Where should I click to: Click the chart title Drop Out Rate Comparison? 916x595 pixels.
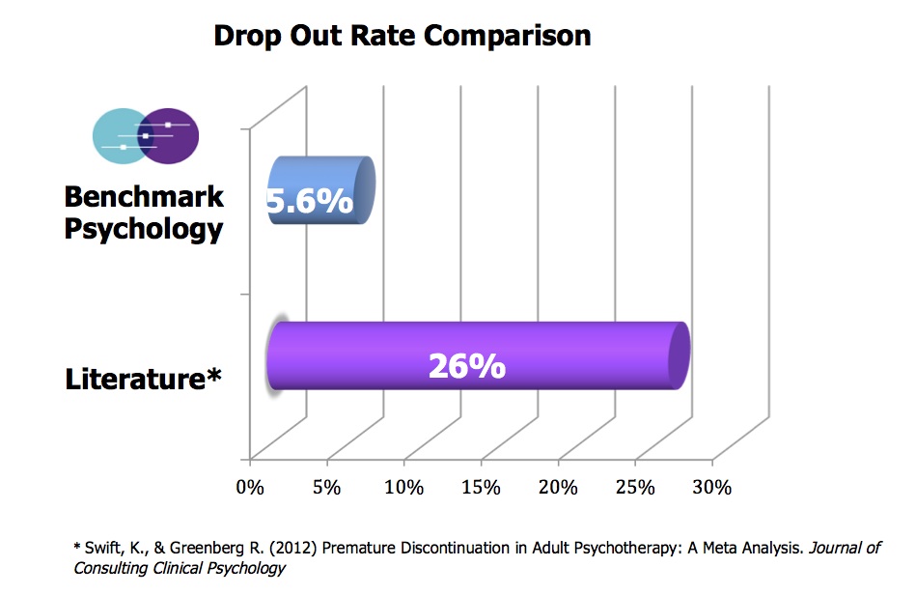click(402, 36)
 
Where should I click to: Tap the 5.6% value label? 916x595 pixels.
click(309, 203)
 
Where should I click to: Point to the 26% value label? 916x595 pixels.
click(467, 366)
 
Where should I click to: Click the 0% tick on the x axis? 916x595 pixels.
click(250, 487)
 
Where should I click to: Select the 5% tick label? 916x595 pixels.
click(326, 487)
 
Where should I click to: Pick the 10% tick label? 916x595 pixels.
click(403, 487)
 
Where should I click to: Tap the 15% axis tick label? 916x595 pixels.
click(481, 487)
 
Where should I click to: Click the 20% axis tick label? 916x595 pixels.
click(558, 487)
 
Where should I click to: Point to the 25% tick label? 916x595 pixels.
click(635, 487)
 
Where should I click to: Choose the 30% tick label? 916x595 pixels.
click(712, 487)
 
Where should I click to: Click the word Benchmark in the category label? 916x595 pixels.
click(144, 198)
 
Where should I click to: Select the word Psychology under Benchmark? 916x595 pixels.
click(144, 230)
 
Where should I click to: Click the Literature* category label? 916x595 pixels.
click(144, 379)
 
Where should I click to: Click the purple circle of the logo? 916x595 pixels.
click(177, 135)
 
